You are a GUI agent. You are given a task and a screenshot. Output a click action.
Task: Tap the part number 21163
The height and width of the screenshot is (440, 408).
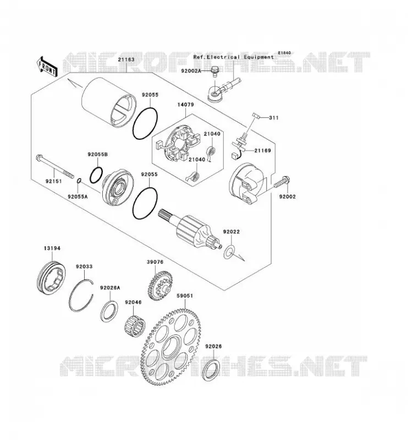(126, 60)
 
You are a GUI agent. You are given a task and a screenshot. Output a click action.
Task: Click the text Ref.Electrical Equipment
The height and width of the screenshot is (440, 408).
(234, 57)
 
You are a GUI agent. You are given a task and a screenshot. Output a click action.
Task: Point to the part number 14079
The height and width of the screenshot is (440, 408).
(185, 105)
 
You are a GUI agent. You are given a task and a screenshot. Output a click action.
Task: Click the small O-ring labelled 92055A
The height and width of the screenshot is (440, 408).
(79, 180)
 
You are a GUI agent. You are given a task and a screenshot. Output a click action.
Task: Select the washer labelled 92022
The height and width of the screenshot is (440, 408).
(229, 252)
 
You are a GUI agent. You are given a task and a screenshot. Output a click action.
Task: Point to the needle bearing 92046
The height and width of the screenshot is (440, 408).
(135, 326)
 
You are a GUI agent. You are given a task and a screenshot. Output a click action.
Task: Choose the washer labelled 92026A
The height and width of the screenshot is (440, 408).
(109, 311)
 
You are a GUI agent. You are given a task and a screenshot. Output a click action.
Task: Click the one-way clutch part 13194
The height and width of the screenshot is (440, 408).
(51, 278)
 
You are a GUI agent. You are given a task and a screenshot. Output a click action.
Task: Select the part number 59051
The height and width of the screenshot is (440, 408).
(185, 296)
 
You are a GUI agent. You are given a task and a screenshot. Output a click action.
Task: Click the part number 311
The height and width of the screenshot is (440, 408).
(274, 118)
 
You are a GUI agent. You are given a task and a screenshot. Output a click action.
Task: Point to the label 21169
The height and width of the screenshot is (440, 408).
(263, 151)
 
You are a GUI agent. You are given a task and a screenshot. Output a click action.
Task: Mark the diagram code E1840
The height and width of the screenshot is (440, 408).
(284, 53)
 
